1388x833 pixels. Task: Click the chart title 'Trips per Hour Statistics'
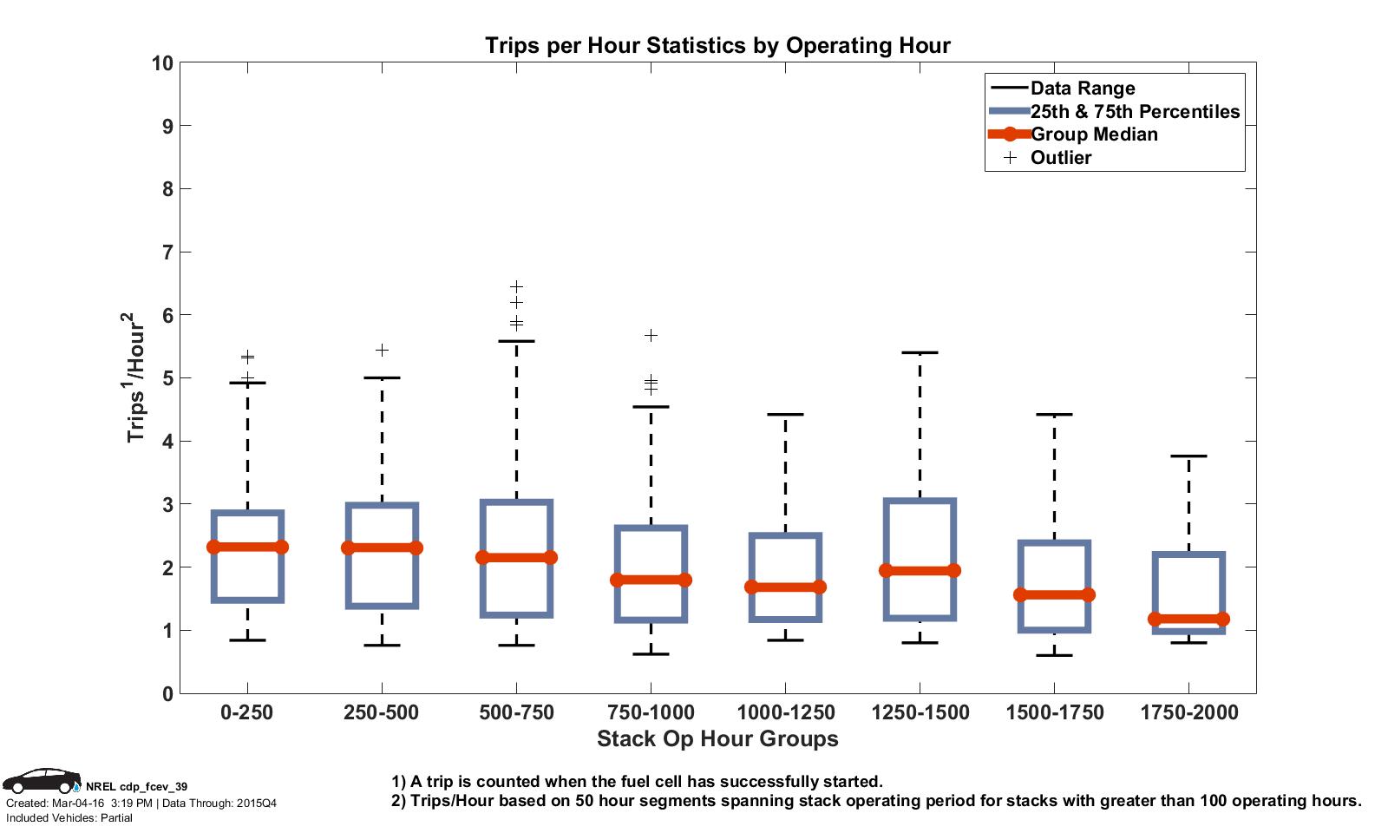[x=717, y=45]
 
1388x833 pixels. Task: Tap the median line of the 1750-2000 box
[x=1188, y=619]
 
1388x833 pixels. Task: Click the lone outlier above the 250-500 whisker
[x=382, y=350]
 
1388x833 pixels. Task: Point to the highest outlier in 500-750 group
[x=516, y=286]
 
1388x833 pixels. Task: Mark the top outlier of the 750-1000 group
[x=651, y=335]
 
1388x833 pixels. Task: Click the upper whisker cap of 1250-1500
[x=920, y=352]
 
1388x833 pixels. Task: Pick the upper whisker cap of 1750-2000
[x=1188, y=456]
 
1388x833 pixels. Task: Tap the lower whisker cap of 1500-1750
[x=1054, y=655]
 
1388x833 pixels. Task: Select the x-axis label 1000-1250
[x=785, y=713]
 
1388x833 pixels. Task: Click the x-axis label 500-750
[x=516, y=713]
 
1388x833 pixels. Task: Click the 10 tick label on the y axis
[x=162, y=63]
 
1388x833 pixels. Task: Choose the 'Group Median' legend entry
[x=1093, y=134]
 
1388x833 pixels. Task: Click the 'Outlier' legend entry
[x=1060, y=158]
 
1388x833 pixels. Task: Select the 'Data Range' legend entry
[x=1082, y=89]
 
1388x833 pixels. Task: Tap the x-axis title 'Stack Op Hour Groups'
[x=717, y=739]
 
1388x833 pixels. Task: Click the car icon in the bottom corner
[x=41, y=780]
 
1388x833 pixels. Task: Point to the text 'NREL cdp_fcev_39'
[x=136, y=787]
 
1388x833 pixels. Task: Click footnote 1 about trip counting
[x=637, y=781]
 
